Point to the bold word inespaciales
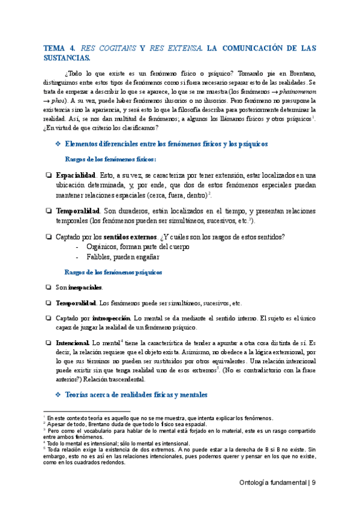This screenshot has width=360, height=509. click(x=85, y=288)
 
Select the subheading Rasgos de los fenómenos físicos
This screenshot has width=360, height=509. click(x=110, y=160)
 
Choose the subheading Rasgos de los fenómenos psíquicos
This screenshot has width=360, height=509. click(x=113, y=272)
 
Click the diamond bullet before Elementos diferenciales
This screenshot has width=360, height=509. click(x=58, y=144)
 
